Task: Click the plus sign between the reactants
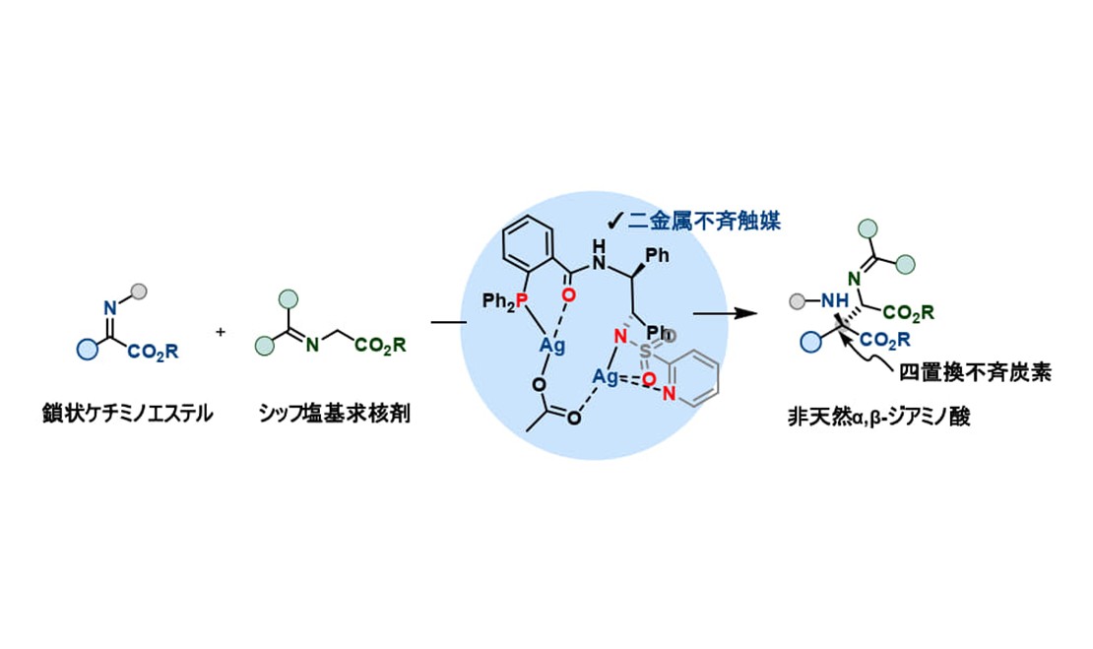pos(220,332)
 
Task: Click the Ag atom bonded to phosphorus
pos(551,346)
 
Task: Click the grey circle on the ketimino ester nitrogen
pos(140,291)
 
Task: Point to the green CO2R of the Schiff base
pos(376,346)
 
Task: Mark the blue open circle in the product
pos(811,342)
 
